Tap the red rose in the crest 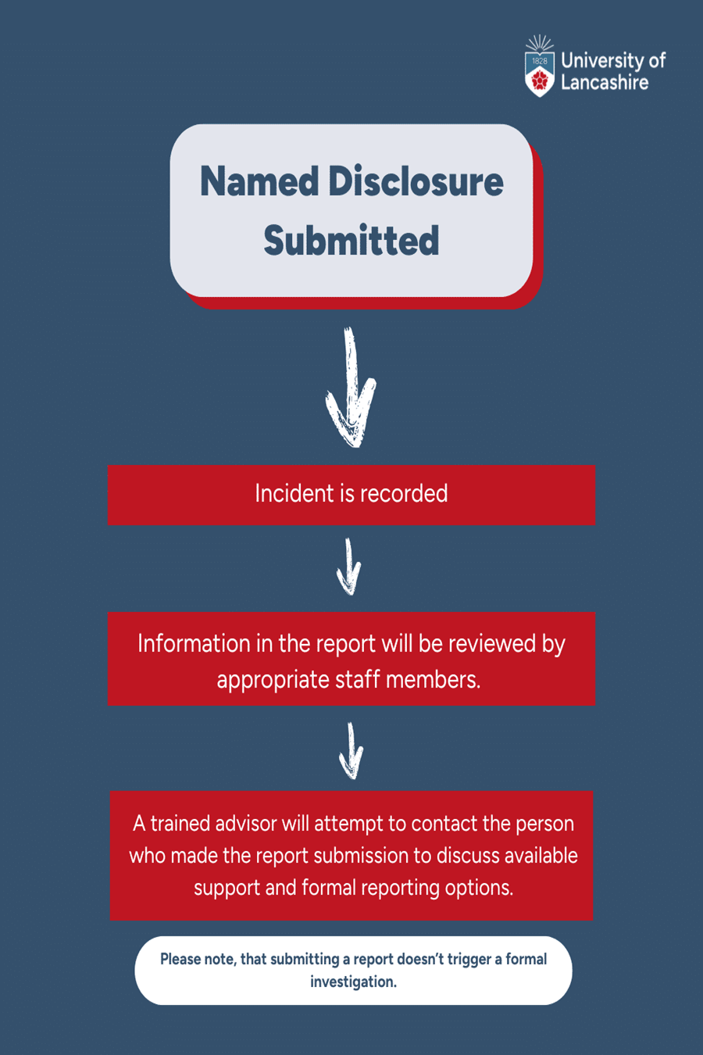pos(540,80)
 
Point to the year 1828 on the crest pos(540,61)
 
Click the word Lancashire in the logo pos(605,82)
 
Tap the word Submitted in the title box pos(351,240)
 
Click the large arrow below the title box pos(351,387)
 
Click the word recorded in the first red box pos(404,494)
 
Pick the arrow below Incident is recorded pos(349,567)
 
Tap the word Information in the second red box pos(194,643)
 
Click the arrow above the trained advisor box pos(351,751)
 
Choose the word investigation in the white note pos(353,982)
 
